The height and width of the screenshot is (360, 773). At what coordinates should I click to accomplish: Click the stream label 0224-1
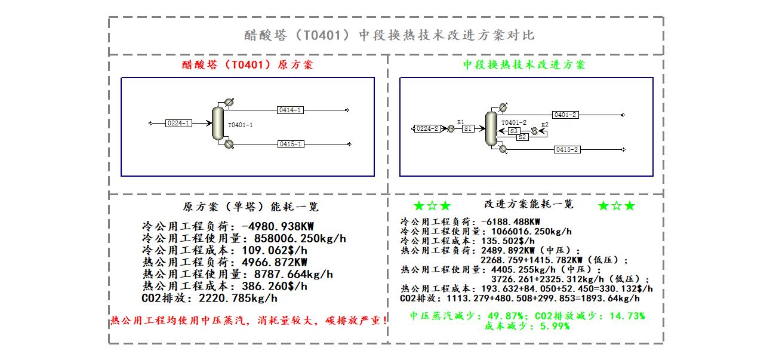click(178, 123)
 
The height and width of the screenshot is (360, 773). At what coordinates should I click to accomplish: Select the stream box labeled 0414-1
click(290, 110)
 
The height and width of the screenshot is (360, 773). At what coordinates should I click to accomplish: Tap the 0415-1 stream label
click(291, 144)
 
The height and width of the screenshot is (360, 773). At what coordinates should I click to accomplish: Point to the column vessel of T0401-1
click(218, 123)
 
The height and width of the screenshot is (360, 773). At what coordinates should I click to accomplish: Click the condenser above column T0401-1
click(229, 103)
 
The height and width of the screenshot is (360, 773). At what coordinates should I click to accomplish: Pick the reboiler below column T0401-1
click(229, 144)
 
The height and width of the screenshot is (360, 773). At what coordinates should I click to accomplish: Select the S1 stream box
click(468, 129)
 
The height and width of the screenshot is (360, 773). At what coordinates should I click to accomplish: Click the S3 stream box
click(514, 131)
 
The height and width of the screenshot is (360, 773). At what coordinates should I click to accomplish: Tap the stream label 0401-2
click(565, 115)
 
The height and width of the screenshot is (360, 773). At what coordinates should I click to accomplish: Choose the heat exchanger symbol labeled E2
click(534, 131)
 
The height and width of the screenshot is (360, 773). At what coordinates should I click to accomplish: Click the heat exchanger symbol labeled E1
click(451, 129)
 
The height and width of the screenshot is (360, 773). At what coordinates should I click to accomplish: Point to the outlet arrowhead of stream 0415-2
click(623, 149)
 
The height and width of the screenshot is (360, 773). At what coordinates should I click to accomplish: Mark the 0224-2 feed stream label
click(427, 129)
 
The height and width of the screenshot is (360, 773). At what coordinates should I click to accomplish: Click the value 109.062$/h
click(275, 250)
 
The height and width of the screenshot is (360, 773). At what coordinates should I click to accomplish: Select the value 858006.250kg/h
click(300, 238)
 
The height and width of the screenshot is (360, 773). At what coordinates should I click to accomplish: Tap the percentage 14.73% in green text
click(627, 316)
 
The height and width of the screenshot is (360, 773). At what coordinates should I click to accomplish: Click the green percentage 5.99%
click(555, 326)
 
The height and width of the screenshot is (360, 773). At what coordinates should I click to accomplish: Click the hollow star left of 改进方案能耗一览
click(432, 206)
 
